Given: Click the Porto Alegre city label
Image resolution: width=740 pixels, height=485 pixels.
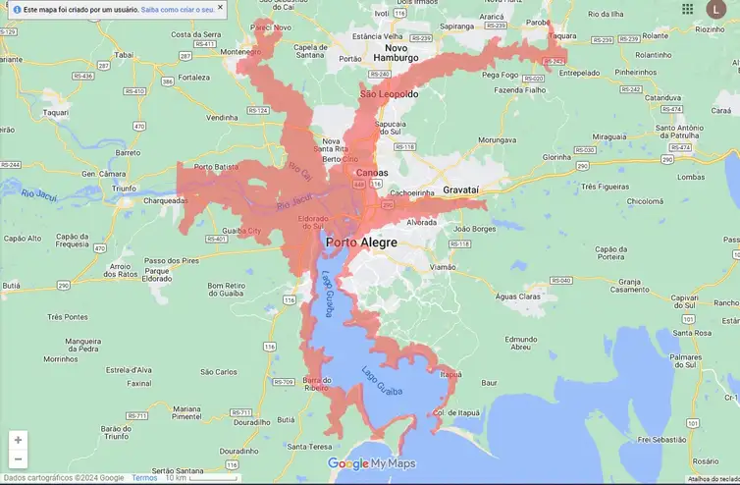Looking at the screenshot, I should pyautogui.click(x=361, y=242).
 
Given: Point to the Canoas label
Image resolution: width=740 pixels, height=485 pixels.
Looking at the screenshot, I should pyautogui.click(x=370, y=173).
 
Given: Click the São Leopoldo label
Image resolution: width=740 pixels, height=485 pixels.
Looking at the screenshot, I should pyautogui.click(x=389, y=94).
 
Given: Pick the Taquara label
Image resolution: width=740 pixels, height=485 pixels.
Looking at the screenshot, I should pyautogui.click(x=562, y=35).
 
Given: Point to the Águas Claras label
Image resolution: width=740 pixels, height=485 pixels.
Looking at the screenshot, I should pyautogui.click(x=518, y=296).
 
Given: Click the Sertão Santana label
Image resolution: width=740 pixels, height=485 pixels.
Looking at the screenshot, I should pyautogui.click(x=177, y=471).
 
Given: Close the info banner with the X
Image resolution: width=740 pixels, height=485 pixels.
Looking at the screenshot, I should pyautogui.click(x=220, y=8).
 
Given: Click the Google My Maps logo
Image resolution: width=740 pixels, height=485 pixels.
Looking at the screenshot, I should pyautogui.click(x=371, y=463).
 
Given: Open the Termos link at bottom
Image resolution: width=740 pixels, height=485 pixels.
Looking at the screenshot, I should pyautogui.click(x=144, y=478).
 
